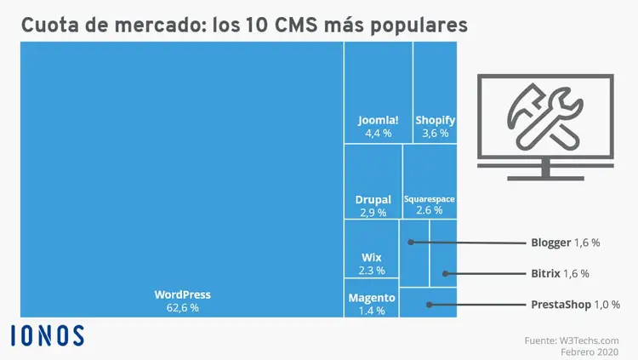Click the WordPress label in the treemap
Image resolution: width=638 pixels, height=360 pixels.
[182, 294]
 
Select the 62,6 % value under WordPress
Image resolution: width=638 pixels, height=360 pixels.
[182, 308]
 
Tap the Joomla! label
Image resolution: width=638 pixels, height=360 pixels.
[378, 120]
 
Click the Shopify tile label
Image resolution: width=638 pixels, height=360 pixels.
[436, 120]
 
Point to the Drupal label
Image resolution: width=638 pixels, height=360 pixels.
[373, 200]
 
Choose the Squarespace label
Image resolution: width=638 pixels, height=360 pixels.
[430, 199]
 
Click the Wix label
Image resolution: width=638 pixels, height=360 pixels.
[372, 256]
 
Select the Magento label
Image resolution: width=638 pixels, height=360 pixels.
[372, 298]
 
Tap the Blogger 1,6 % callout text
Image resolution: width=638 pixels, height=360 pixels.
[565, 243]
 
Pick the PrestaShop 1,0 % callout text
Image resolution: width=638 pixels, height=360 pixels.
[575, 304]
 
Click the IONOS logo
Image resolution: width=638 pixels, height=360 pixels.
[48, 335]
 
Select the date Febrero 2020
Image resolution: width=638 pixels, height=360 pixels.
[589, 351]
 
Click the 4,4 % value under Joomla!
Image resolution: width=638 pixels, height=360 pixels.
[378, 133]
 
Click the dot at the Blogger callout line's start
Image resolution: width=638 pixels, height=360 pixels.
[411, 243]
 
